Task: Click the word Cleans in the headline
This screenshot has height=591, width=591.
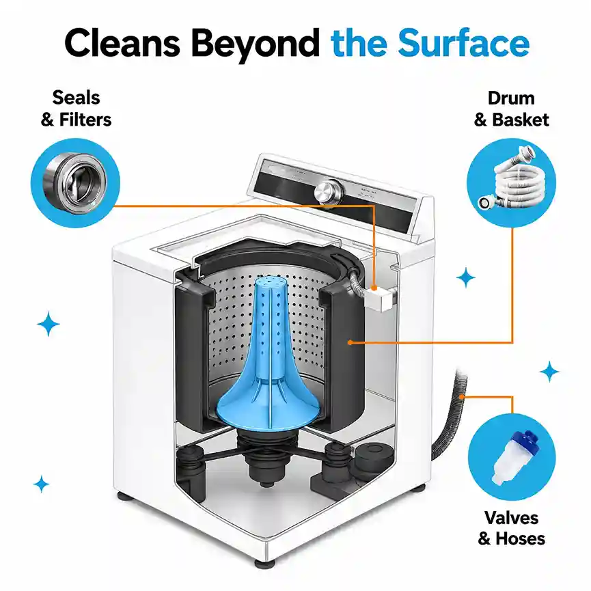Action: pos(122,43)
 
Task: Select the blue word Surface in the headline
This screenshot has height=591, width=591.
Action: pos(464,43)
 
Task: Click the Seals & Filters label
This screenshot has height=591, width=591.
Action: pos(76,109)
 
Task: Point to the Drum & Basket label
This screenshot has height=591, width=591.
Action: pos(511,109)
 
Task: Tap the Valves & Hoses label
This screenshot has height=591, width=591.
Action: pos(512,527)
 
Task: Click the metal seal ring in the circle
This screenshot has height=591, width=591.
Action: pos(74,183)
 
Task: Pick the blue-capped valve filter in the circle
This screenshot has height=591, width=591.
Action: pos(511,457)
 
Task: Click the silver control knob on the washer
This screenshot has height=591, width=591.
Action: pos(328,191)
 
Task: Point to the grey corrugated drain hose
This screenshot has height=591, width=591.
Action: pos(451,415)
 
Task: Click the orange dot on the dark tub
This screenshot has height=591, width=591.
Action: pos(350,342)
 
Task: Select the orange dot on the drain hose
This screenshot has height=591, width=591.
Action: pos(462,396)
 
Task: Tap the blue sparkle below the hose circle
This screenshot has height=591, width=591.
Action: pos(466,277)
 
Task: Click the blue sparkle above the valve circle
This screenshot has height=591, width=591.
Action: pos(549,371)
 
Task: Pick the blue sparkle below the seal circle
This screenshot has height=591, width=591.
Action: pos(49,323)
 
